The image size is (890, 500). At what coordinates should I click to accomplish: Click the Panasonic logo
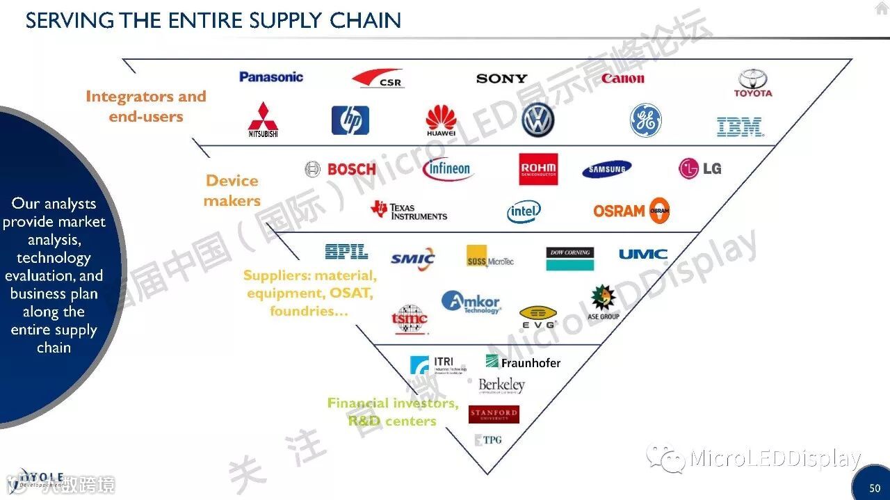coord(271,77)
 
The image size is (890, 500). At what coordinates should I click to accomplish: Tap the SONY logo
coord(501,79)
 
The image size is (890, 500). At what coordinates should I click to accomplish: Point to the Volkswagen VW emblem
coord(537,120)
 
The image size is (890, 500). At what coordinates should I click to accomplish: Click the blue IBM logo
coord(740,127)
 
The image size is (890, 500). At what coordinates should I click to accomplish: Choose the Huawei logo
coord(442,120)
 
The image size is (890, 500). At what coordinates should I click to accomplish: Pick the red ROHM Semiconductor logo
coord(538,169)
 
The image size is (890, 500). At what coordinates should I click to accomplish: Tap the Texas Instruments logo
coord(410,211)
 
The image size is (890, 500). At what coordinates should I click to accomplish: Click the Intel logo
coord(524,211)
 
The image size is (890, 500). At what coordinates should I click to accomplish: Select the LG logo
coord(699,168)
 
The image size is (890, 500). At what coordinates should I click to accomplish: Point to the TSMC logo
coord(410,319)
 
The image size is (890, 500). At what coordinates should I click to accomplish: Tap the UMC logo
coord(643,254)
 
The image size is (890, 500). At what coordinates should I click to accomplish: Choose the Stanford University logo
coord(494,414)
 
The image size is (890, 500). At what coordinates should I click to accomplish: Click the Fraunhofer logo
coord(523,362)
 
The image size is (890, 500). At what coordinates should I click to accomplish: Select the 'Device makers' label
coord(232,191)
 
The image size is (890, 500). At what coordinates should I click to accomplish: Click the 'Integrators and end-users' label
coord(146,106)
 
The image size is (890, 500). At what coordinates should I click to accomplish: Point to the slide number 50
coord(875,488)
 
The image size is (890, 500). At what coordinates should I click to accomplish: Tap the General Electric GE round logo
coord(645,120)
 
